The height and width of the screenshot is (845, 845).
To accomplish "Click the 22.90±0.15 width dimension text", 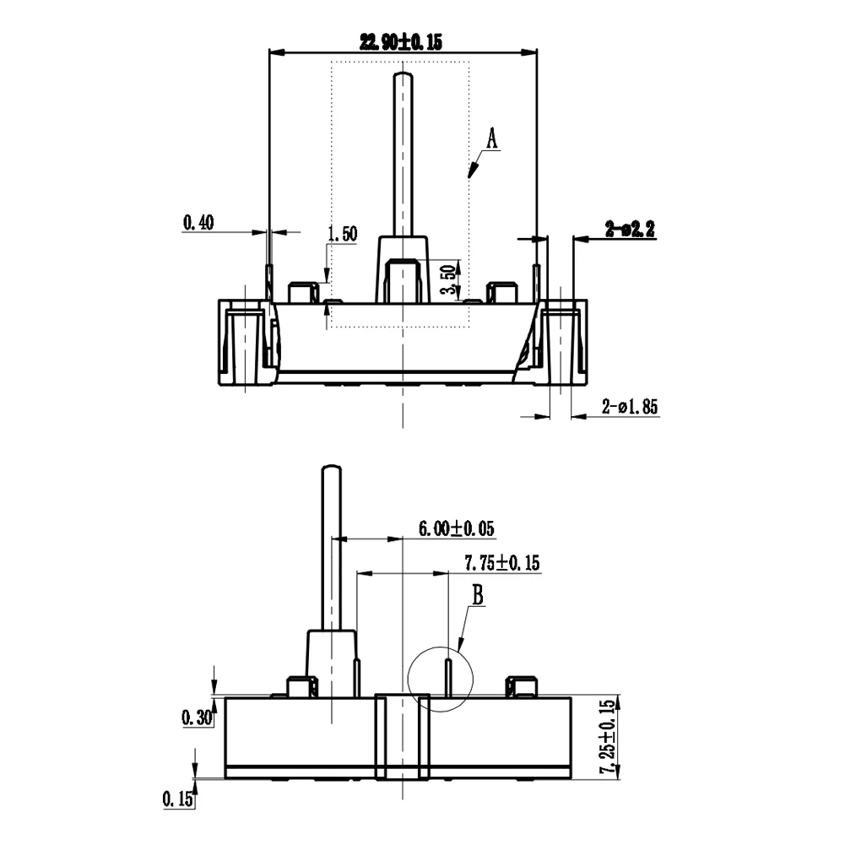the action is (x=400, y=41).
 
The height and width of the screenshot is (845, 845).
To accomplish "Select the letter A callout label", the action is (x=491, y=138).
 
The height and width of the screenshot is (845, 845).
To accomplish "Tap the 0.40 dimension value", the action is (x=198, y=222).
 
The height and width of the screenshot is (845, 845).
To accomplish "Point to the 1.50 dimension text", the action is (x=342, y=234).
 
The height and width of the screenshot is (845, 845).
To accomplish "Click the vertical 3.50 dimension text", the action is (x=449, y=279).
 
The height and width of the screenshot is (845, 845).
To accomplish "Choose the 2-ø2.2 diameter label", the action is (x=630, y=229).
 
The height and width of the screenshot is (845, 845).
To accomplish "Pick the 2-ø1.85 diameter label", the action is (x=630, y=406).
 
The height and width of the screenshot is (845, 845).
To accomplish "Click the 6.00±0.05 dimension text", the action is (x=457, y=528).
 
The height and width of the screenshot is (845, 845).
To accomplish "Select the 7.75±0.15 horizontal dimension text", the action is (x=501, y=563).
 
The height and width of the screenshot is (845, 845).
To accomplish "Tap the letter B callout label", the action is (x=478, y=595).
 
